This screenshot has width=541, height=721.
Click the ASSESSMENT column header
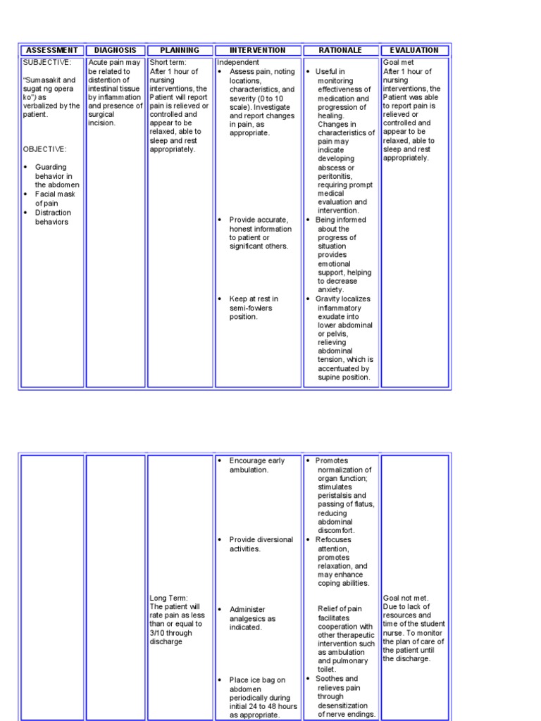51,50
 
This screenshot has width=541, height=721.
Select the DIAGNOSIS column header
116,50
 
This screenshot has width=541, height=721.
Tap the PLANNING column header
180,50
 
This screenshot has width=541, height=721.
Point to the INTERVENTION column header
258,50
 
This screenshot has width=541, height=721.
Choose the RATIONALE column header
340,50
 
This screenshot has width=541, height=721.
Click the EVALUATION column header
414,50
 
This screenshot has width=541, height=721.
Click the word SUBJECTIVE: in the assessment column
47,63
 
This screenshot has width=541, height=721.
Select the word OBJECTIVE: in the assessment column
44,149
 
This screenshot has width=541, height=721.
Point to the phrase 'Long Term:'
168,598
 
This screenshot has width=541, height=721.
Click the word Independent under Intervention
238,63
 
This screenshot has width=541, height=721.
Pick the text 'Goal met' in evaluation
399,63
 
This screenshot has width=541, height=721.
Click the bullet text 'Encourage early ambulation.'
256,465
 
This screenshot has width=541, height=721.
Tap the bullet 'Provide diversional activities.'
261,544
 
